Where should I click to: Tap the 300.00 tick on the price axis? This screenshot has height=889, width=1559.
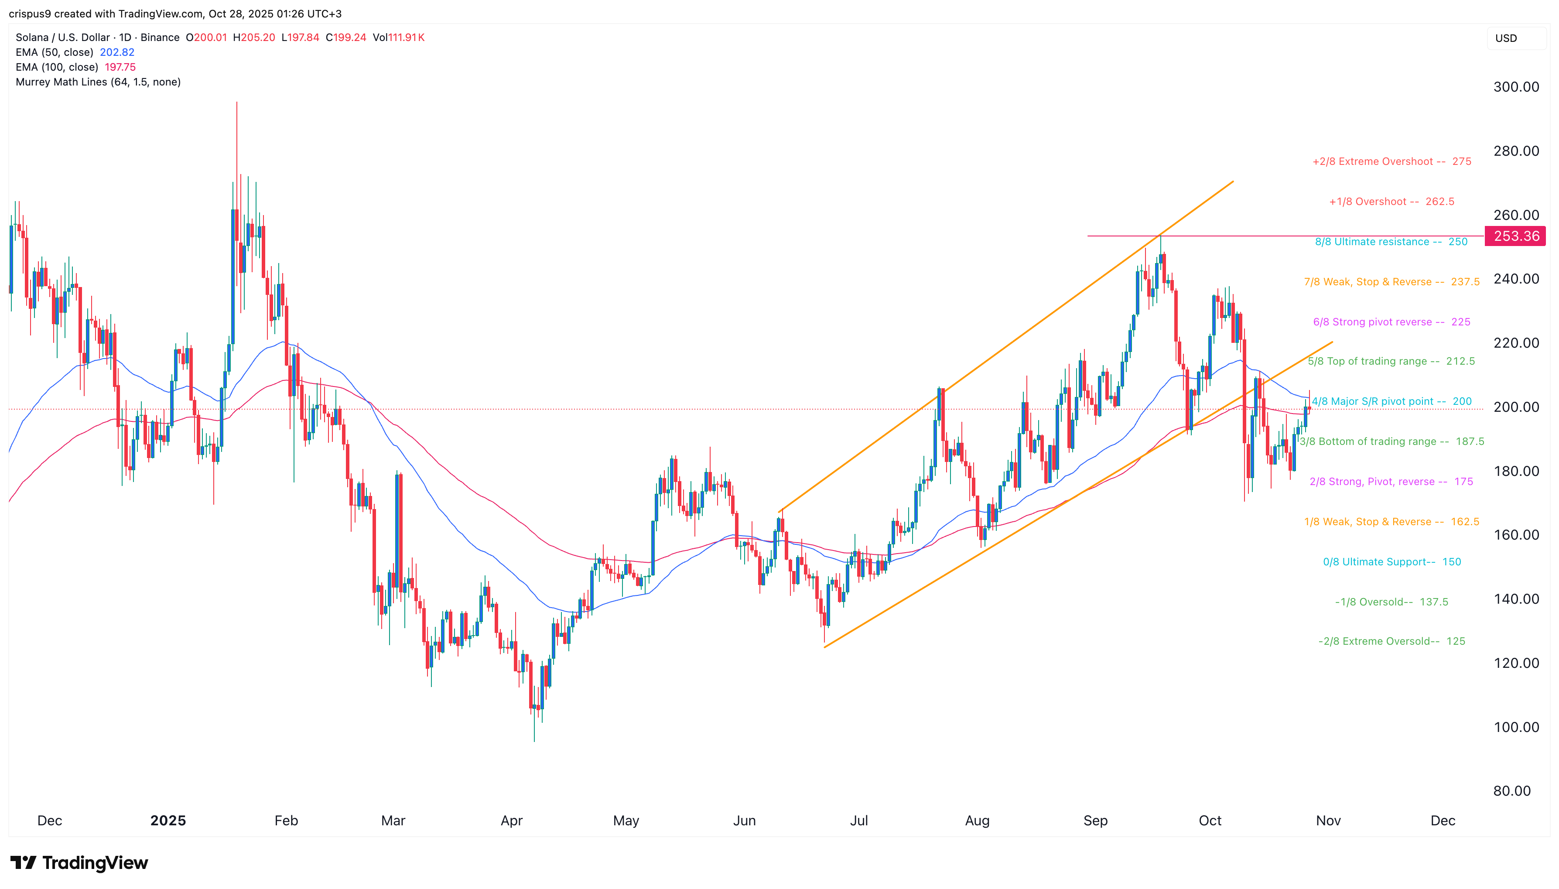(x=1516, y=87)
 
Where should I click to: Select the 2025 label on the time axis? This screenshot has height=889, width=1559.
(x=168, y=820)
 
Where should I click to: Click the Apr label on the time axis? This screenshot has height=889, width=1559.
(x=512, y=820)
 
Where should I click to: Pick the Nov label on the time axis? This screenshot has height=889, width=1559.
(x=1328, y=820)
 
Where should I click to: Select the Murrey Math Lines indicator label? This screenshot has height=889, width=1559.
(x=98, y=82)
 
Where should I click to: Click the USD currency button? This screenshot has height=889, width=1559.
(x=1506, y=38)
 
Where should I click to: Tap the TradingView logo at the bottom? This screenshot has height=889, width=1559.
(x=79, y=863)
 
